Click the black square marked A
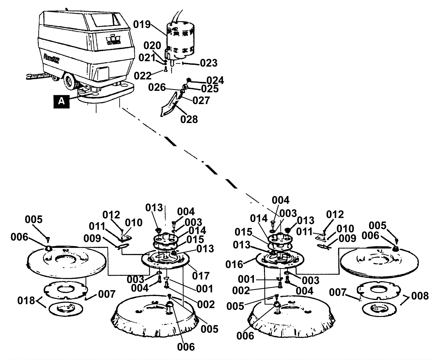pyautogui.click(x=62, y=101)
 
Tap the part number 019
pyautogui.click(x=142, y=24)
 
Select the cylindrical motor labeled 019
pyautogui.click(x=180, y=41)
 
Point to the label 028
pyautogui.click(x=189, y=119)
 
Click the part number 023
pyautogui.click(x=209, y=63)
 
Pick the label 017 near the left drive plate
pyautogui.click(x=201, y=276)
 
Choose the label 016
pyautogui.click(x=235, y=264)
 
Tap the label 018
pyautogui.click(x=26, y=300)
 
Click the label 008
pyautogui.click(x=420, y=296)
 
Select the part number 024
pyautogui.click(x=215, y=80)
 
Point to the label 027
pyautogui.click(x=201, y=100)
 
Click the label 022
pyautogui.click(x=143, y=76)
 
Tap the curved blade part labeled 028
pyautogui.click(x=169, y=105)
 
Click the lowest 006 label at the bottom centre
pyautogui.click(x=186, y=347)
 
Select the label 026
pyautogui.click(x=157, y=87)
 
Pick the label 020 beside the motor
pyautogui.click(x=152, y=45)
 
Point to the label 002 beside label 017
pyautogui.click(x=206, y=304)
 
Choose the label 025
pyautogui.click(x=210, y=89)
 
